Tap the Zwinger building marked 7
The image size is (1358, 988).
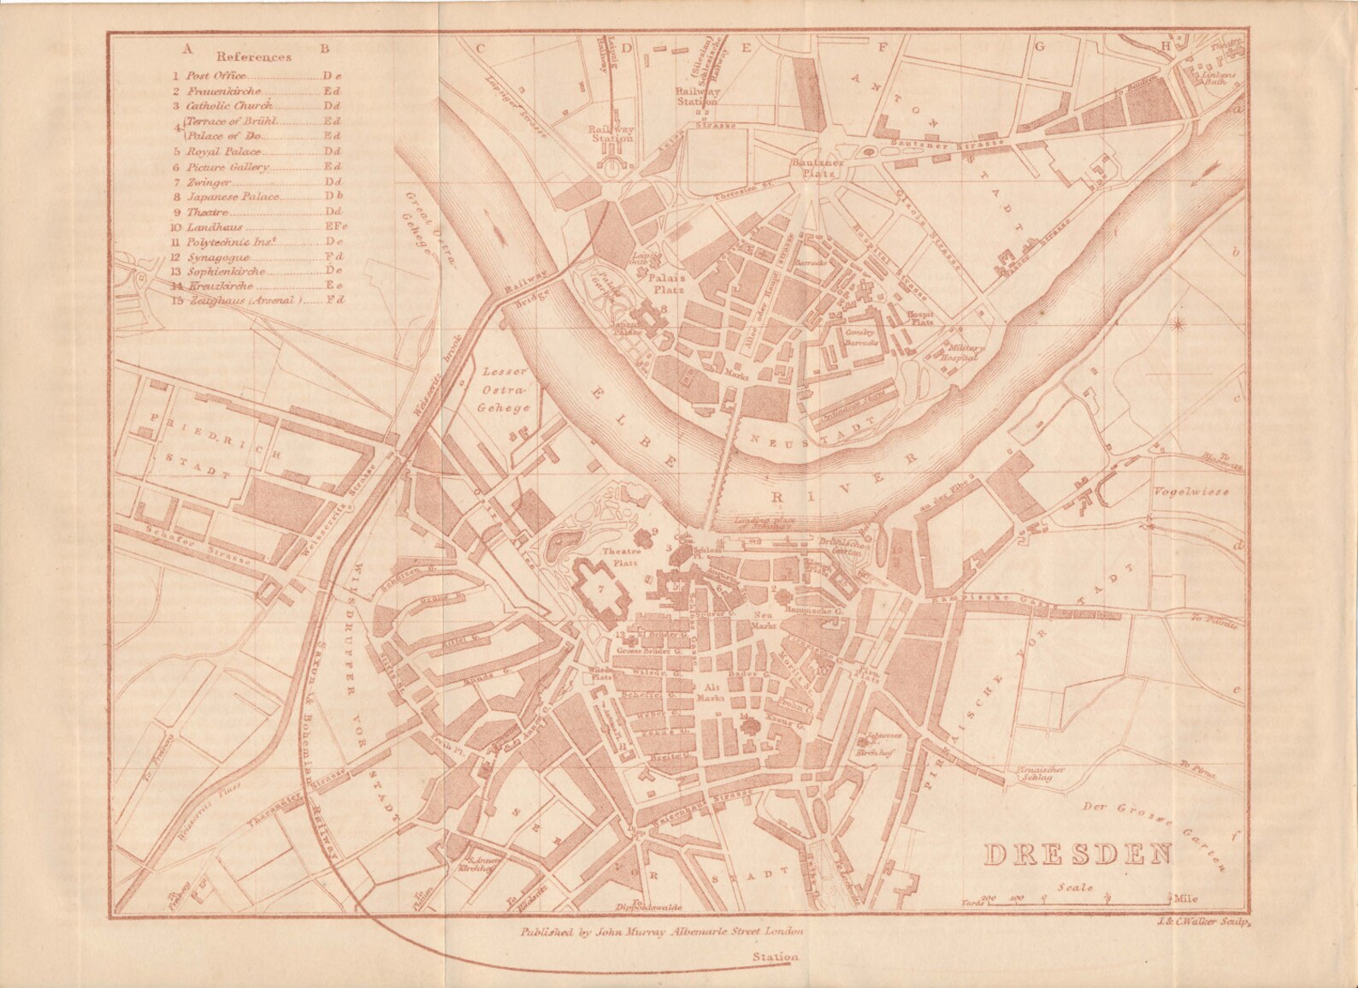pos(601,589)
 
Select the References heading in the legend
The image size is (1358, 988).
pos(253,57)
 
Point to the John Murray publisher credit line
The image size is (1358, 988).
pos(662,930)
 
